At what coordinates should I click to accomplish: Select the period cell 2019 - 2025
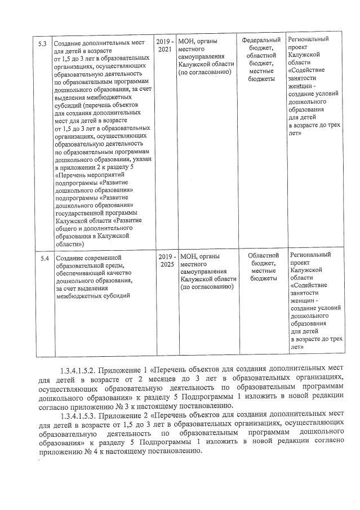[x=167, y=260]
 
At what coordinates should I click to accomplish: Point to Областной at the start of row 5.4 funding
[x=263, y=255]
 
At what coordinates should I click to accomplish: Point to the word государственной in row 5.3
[x=83, y=212]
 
